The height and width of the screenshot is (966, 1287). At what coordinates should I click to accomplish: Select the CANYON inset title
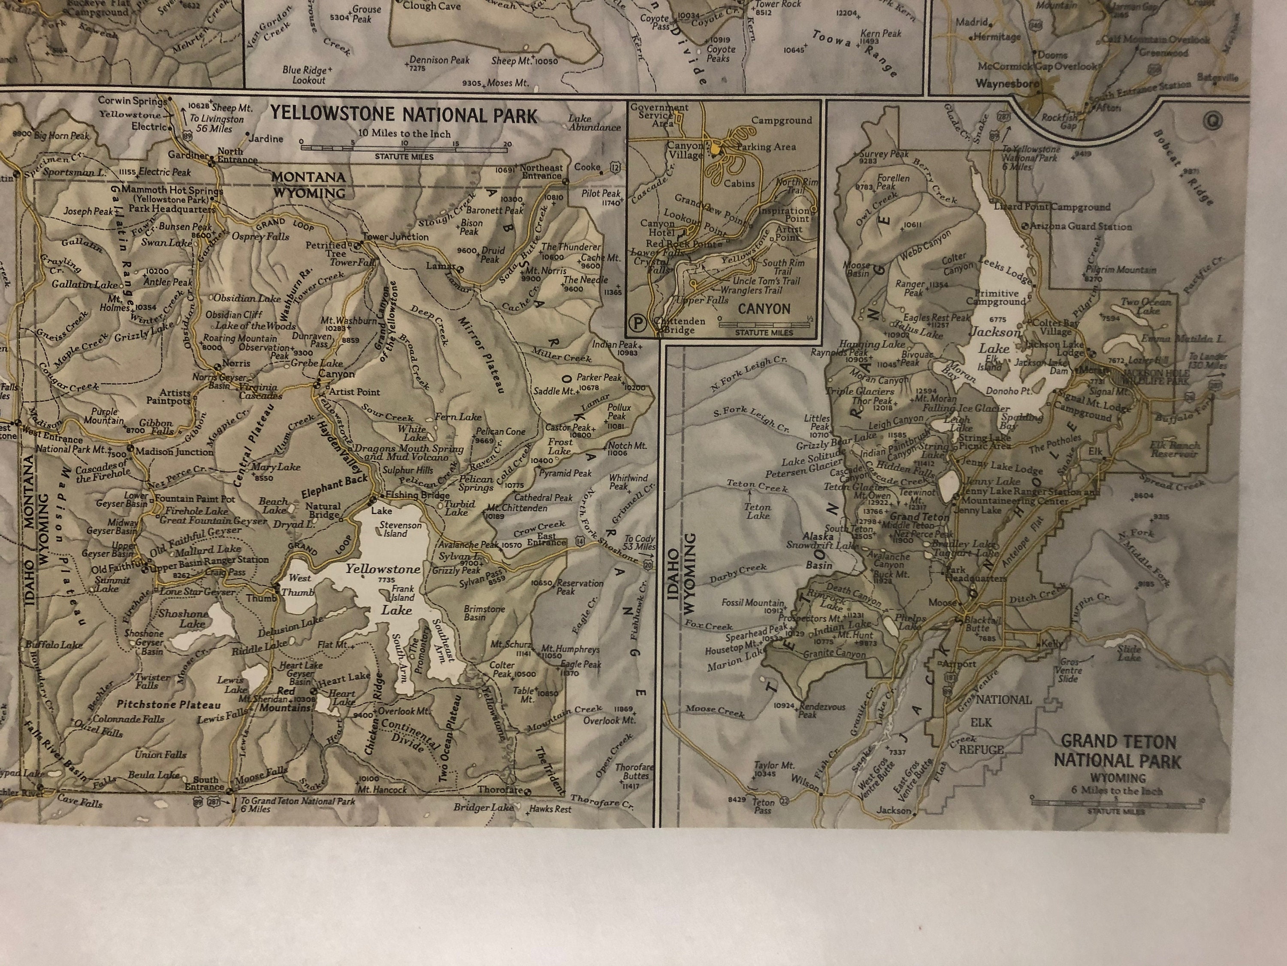click(x=764, y=309)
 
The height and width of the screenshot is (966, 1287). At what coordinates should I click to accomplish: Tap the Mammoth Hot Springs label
click(x=172, y=190)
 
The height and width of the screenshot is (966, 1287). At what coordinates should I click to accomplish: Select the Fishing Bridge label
click(x=410, y=495)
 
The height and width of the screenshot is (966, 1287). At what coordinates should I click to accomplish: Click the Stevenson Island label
click(x=400, y=529)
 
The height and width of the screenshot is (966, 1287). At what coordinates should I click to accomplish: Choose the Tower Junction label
click(x=396, y=237)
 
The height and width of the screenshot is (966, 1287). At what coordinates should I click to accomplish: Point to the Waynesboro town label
click(x=1007, y=84)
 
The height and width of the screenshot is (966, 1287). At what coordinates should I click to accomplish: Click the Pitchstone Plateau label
click(x=169, y=705)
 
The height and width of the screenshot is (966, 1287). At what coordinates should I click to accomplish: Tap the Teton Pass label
click(x=763, y=806)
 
